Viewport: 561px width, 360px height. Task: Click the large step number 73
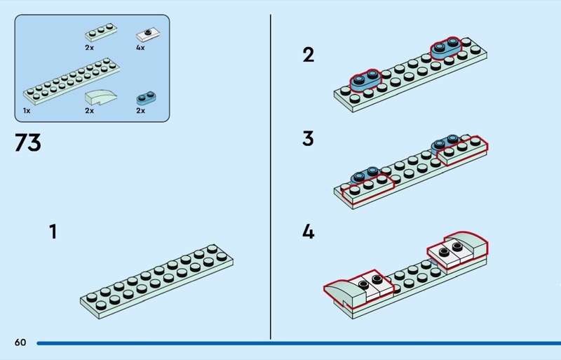point(28,142)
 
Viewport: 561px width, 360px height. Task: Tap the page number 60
point(20,342)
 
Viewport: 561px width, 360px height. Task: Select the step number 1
point(53,232)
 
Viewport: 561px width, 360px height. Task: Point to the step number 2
point(308,55)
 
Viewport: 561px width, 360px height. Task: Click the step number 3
point(308,138)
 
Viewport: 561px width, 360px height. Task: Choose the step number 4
point(308,232)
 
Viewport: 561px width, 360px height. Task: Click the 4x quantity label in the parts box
point(140,48)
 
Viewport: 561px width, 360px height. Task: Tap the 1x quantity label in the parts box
point(26,111)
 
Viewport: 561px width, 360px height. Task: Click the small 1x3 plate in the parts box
point(97,34)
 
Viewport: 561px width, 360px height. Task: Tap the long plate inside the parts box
point(70,81)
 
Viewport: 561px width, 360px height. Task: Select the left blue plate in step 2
point(364,79)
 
